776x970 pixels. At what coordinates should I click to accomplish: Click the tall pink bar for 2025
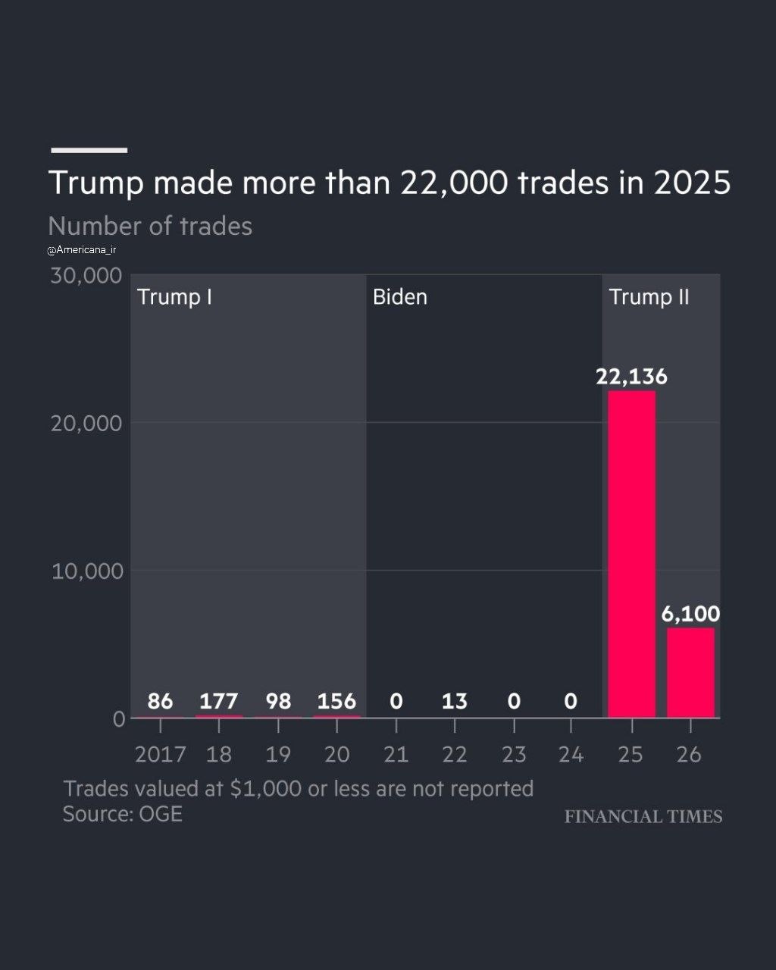(632, 554)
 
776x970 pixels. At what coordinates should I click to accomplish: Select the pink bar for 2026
(691, 672)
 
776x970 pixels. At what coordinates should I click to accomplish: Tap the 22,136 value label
(631, 377)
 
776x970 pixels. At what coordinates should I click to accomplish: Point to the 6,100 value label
(690, 614)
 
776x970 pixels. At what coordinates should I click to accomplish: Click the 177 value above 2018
(219, 701)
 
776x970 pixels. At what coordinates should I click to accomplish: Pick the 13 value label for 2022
(455, 701)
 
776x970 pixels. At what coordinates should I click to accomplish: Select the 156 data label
(336, 701)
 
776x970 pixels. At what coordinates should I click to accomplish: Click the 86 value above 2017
(160, 701)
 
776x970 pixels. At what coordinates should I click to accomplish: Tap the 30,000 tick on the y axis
(86, 275)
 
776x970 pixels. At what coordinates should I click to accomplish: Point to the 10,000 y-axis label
(87, 571)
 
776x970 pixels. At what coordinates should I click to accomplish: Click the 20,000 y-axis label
(86, 424)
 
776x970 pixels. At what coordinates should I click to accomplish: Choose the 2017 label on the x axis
(161, 754)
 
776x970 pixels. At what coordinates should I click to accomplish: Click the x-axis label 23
(514, 754)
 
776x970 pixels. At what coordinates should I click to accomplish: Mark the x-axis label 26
(689, 754)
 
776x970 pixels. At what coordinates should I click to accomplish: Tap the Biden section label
(400, 297)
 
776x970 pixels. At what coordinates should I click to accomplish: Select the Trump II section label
(649, 297)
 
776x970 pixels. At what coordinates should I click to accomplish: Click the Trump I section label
(174, 297)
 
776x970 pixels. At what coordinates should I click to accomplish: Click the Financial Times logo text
(643, 816)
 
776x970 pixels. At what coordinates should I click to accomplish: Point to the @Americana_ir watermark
(82, 250)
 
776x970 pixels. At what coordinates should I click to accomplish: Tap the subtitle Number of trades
(150, 226)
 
